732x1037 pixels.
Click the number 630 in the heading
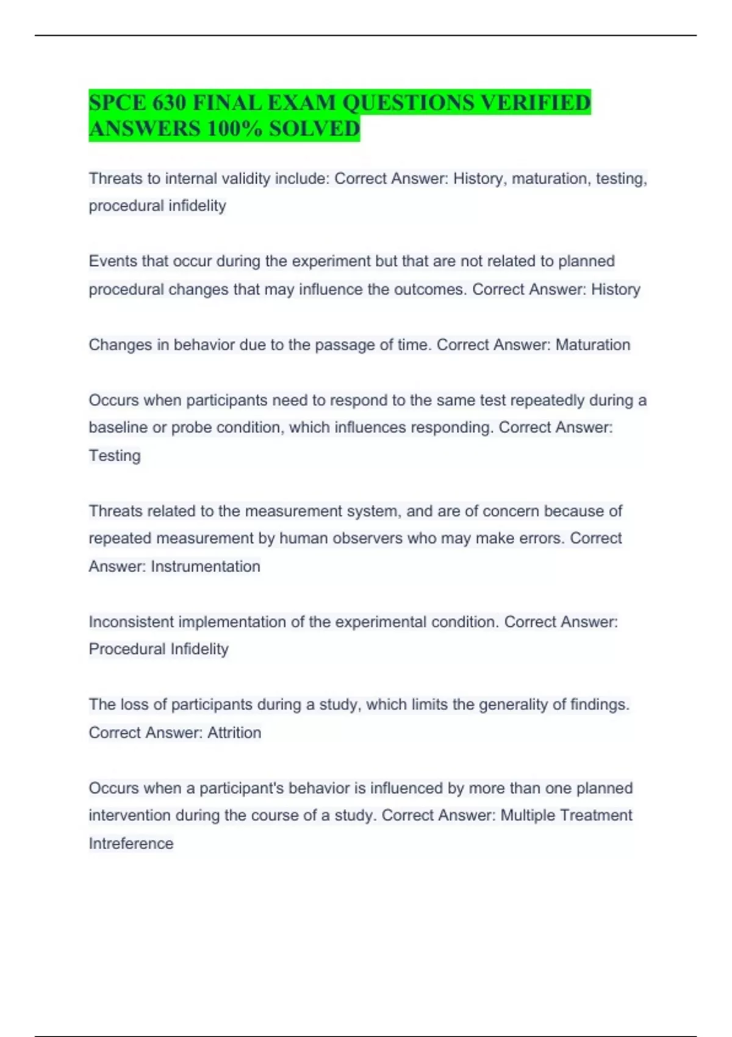[x=169, y=102]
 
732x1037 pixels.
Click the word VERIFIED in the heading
[x=535, y=102]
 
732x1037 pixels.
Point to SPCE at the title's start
[x=117, y=102]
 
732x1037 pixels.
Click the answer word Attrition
[x=234, y=733]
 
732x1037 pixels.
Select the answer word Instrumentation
[x=206, y=567]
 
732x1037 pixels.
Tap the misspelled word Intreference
[x=131, y=844]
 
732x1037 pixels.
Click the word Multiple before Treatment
[x=527, y=816]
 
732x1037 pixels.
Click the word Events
[x=113, y=261]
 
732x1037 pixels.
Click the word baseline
[x=118, y=428]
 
